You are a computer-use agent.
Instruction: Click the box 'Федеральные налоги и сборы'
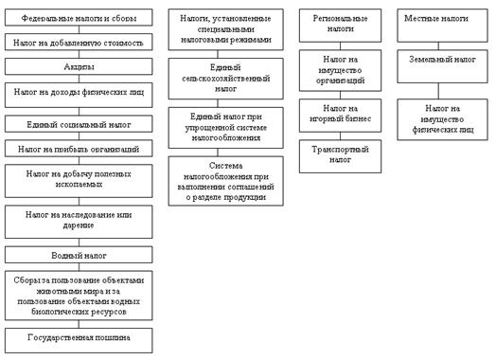click(x=79, y=17)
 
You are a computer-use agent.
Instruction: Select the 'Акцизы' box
click(x=79, y=66)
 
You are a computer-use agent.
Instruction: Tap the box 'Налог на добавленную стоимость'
click(x=79, y=42)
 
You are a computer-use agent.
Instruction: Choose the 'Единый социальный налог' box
click(x=79, y=124)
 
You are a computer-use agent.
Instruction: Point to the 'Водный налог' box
click(x=79, y=255)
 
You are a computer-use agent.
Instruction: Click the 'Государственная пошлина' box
click(x=79, y=340)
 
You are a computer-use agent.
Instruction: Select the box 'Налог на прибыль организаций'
click(x=79, y=149)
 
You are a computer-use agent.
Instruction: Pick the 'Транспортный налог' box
click(x=340, y=156)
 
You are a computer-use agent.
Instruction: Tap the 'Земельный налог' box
click(x=443, y=66)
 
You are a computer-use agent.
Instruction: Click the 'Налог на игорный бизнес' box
click(x=340, y=116)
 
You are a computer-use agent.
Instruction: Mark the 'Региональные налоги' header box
click(x=340, y=26)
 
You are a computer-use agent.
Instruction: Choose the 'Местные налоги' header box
click(x=443, y=26)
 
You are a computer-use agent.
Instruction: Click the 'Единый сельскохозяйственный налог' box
click(x=226, y=79)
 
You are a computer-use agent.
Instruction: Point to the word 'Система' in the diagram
click(x=225, y=166)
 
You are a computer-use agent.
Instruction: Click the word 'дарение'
click(x=79, y=225)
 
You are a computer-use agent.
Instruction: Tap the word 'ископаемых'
click(x=79, y=185)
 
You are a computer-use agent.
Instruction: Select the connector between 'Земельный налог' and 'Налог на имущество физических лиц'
click(x=438, y=91)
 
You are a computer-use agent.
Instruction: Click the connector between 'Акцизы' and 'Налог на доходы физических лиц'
click(x=79, y=79)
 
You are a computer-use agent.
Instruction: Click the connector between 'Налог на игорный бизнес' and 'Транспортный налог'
click(x=341, y=136)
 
